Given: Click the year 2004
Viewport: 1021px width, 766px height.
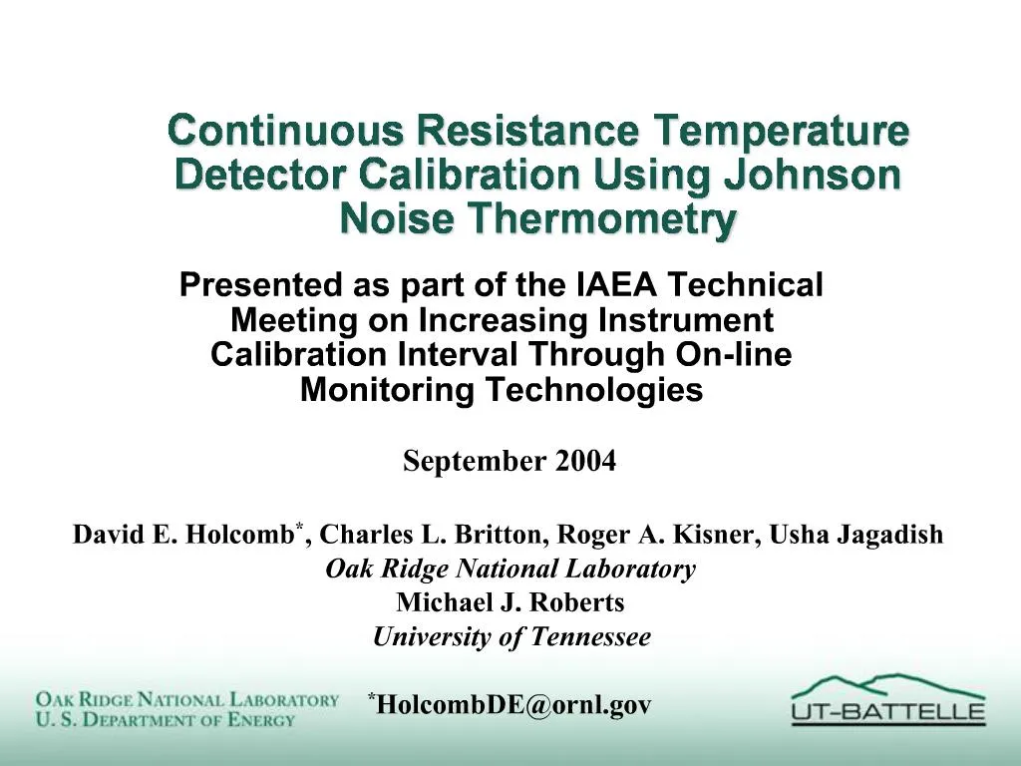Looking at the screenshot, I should [x=586, y=462].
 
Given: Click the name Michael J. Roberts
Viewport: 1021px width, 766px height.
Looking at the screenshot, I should [x=510, y=603].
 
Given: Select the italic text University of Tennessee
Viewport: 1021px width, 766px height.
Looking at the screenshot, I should [x=510, y=637].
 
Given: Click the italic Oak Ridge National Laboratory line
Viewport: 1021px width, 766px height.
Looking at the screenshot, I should [x=510, y=570].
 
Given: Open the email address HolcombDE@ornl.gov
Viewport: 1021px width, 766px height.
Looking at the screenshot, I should [x=514, y=705].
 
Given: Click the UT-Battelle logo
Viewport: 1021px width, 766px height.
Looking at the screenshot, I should [x=887, y=698].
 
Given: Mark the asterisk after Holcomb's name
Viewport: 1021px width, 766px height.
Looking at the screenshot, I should [x=298, y=526].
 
